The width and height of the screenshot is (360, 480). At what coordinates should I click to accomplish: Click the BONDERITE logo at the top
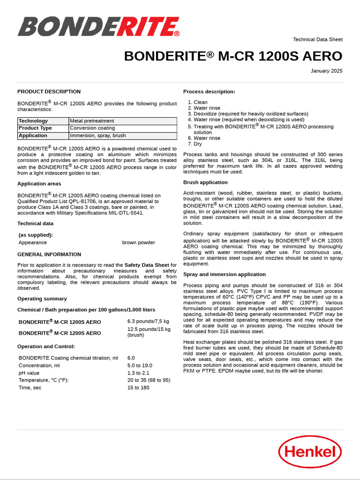[x=98, y=27]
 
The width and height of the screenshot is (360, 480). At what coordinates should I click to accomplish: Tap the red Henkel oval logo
[x=310, y=451]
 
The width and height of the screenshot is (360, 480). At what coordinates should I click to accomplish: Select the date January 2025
[x=326, y=71]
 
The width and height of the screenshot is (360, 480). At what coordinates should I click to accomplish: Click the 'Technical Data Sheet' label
[x=317, y=39]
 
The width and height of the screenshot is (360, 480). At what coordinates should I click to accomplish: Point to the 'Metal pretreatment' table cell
[x=92, y=121]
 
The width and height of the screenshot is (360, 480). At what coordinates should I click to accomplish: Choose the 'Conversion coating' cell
[x=92, y=128]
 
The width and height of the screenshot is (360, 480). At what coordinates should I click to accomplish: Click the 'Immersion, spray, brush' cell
[x=98, y=135]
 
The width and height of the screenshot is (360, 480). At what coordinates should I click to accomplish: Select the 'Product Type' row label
[x=35, y=128]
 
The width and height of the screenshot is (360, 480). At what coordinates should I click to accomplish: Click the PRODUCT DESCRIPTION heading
[x=49, y=91]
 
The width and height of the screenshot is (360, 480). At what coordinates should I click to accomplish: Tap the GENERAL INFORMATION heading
[x=49, y=255]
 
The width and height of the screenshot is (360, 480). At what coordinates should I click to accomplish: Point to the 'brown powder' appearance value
[x=138, y=242]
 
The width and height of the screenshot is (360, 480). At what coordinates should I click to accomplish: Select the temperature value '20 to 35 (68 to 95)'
[x=149, y=380]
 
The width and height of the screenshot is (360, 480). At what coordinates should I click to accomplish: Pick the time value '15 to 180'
[x=138, y=388]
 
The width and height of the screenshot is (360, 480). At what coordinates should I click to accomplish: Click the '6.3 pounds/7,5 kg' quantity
[x=148, y=321]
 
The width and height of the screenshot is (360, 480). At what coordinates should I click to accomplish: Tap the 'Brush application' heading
[x=205, y=182]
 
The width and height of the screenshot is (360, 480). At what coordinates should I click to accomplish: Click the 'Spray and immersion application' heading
[x=224, y=274]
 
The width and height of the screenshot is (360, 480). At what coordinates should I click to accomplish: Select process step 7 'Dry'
[x=198, y=144]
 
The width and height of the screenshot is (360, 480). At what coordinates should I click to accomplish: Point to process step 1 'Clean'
[x=200, y=102]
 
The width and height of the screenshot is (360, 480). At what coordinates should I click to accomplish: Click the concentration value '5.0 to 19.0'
[x=140, y=365]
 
